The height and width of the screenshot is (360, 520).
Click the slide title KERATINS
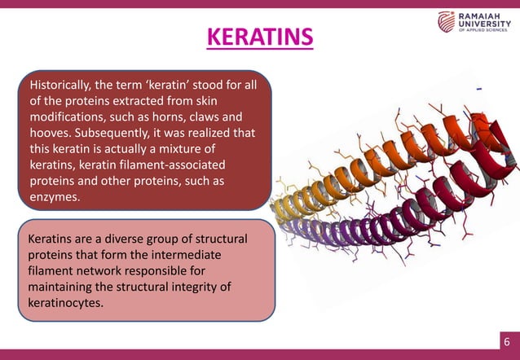click(x=259, y=37)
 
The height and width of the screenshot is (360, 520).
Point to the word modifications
click(x=67, y=116)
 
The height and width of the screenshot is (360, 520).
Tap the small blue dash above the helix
click(x=478, y=87)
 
